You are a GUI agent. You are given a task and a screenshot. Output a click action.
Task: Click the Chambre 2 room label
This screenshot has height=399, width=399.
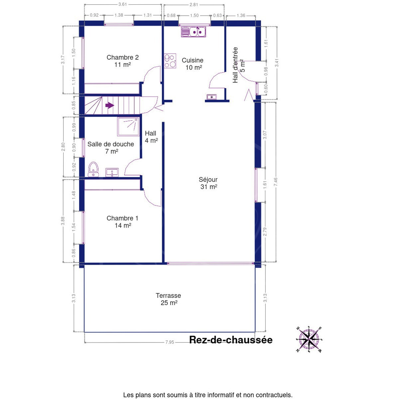pos(122,61)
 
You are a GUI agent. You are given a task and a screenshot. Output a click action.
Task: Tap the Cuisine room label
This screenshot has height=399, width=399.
pos(193,64)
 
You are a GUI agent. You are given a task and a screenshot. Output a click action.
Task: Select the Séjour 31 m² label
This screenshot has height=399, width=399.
pos(208,183)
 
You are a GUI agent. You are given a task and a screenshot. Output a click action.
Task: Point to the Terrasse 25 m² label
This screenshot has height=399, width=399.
pos(169,299)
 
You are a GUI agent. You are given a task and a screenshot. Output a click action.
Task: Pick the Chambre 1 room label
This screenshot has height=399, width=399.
pos(122,221)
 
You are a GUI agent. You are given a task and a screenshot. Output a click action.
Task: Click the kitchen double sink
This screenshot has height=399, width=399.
pos(194,32)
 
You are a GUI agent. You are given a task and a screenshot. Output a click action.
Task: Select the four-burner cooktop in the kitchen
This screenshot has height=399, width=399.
pos(170,61)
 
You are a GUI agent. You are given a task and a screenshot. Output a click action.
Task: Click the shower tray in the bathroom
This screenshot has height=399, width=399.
pos(128,126)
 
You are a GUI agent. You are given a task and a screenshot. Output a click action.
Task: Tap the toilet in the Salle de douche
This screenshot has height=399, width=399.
pos(93,169)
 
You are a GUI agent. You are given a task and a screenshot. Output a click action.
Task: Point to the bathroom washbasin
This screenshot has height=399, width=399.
pos(112,172)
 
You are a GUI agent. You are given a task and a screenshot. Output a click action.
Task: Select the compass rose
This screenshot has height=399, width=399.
pos(309,339)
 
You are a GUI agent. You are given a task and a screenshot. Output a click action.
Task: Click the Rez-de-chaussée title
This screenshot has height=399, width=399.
pos(231,340)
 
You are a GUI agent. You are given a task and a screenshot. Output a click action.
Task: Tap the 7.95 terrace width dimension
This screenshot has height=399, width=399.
pos(170,342)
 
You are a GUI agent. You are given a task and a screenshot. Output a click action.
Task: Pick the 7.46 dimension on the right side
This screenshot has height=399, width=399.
pos(276,182)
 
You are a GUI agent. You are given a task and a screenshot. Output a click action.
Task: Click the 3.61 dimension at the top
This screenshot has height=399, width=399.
pos(123,4)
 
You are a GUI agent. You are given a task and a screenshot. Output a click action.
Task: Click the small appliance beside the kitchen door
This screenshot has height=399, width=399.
pos(212,97)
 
